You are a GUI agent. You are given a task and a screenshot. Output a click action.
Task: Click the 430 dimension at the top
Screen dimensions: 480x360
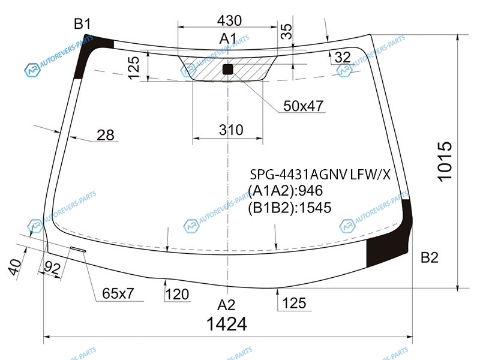coord(229,21)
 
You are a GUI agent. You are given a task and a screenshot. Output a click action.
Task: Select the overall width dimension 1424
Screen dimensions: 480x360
coord(227,324)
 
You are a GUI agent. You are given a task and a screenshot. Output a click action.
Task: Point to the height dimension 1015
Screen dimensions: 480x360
coord(445,161)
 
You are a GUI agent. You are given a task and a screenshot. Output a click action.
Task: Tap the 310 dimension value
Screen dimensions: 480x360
coord(231,130)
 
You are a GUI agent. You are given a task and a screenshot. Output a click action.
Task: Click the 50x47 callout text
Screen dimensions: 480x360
coord(303,106)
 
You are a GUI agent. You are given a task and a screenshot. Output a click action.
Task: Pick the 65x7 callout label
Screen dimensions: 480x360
coord(118,293)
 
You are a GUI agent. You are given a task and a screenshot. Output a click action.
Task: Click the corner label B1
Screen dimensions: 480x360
coord(82,24)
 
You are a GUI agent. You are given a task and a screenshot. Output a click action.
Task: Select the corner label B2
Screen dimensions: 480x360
coord(430,257)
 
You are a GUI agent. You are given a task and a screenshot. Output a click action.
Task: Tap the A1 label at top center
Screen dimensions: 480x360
coord(228,39)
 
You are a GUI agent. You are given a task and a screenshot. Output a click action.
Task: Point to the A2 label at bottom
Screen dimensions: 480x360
coord(226,305)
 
